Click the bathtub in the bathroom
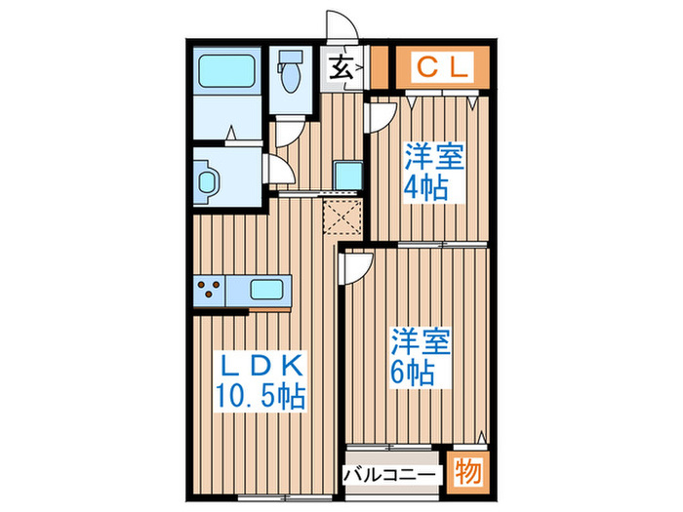[227, 72]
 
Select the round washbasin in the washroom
[208, 181]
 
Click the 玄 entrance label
[341, 69]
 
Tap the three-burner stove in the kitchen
[210, 290]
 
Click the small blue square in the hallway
[345, 175]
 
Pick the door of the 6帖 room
[355, 265]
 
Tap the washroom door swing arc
[279, 172]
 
